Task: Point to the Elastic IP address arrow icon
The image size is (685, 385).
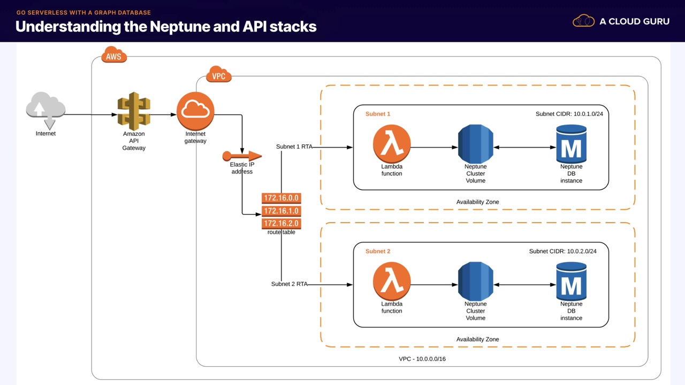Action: (242, 156)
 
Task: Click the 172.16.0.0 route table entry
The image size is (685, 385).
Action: (281, 198)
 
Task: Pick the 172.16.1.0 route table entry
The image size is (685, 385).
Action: (281, 211)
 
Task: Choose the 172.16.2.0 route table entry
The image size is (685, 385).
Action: (281, 223)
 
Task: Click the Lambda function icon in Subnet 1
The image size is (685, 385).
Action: (392, 144)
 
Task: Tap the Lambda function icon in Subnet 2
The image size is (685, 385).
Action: (392, 281)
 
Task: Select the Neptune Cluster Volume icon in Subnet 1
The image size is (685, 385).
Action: (475, 144)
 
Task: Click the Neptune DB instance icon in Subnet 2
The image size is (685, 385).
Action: (571, 281)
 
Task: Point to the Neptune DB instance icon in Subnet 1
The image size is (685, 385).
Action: (571, 144)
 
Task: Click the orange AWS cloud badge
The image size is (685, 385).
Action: (113, 56)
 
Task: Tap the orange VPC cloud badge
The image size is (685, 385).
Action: (218, 76)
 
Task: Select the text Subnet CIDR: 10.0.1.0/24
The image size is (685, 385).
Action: (573, 114)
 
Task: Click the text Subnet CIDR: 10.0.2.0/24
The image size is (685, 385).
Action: (569, 251)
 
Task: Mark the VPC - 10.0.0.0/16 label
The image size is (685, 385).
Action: (422, 359)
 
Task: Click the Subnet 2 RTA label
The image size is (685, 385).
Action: (289, 284)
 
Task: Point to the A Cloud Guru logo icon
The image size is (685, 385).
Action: (584, 21)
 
